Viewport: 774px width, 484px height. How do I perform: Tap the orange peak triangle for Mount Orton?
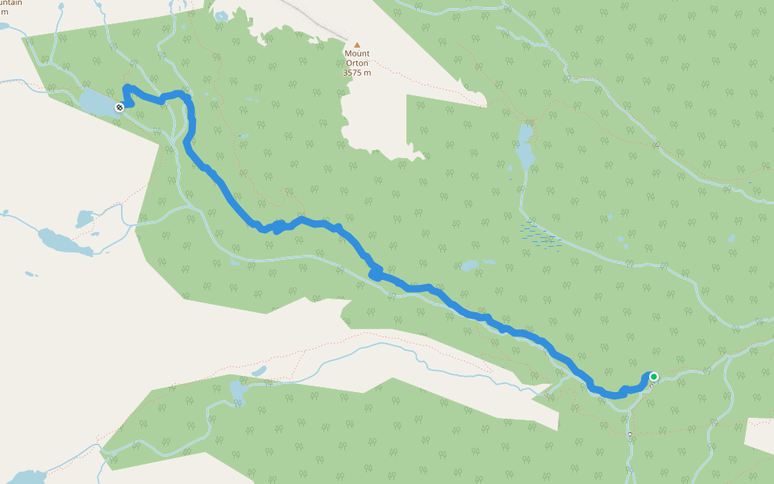357,45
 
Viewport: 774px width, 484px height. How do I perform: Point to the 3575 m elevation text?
357,73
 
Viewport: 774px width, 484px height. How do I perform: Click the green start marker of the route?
654,376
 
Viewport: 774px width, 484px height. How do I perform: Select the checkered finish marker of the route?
119,106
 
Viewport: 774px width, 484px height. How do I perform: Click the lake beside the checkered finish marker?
98,102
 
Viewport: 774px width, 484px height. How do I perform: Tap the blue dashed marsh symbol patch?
542,236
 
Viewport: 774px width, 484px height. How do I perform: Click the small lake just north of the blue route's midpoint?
469,265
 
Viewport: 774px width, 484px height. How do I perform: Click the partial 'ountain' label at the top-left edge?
11,4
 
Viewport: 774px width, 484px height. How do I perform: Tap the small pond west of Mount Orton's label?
220,15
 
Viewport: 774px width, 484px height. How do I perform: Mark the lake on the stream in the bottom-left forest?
239,391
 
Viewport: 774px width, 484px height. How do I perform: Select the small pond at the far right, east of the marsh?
730,239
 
